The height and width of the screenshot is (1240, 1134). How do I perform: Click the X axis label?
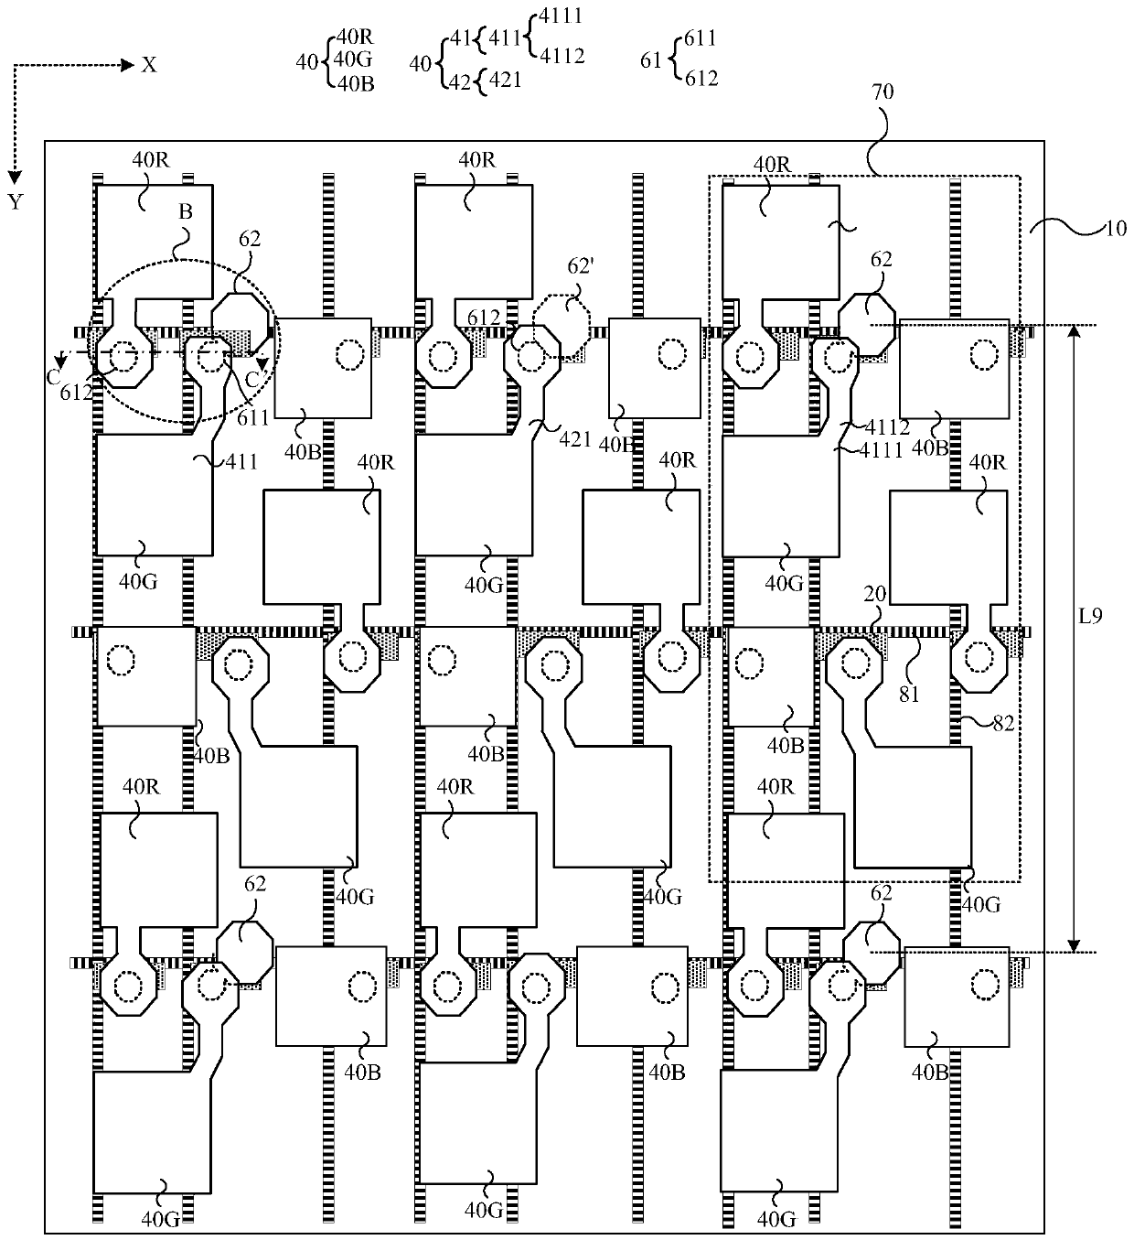click(148, 65)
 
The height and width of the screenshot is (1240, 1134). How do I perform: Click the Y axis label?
click(15, 202)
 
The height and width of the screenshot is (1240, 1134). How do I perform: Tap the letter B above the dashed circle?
click(185, 211)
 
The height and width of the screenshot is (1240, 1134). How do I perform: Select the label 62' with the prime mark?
click(579, 269)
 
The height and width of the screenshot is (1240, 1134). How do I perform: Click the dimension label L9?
click(1089, 616)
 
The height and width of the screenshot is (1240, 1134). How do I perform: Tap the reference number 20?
click(875, 593)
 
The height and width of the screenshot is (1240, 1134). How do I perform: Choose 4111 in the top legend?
click(561, 16)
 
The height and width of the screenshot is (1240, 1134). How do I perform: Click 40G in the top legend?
click(354, 59)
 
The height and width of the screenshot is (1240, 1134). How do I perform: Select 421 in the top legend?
click(505, 80)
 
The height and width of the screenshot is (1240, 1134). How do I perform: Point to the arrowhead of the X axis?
click(128, 65)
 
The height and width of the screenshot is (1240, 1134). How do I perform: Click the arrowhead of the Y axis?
click(15, 176)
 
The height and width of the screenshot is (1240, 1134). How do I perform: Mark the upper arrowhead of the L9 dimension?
click(1075, 330)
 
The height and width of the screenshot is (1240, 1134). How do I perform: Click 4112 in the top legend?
click(562, 56)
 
